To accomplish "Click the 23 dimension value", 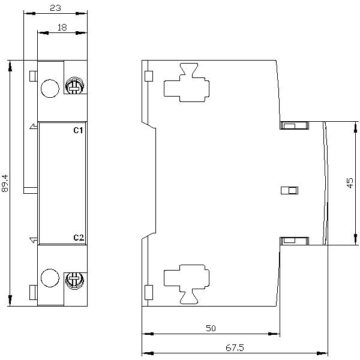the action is click(56, 8).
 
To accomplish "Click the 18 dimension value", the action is click(62, 28).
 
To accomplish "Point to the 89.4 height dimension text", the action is click(5, 183).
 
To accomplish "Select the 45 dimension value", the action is click(350, 183).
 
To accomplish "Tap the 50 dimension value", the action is click(211, 328).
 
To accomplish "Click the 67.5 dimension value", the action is click(235, 348).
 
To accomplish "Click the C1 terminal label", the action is click(78, 130).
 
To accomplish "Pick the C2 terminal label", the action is click(79, 238).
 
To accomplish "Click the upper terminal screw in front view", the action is click(74, 86).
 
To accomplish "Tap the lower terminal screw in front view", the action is click(74, 281).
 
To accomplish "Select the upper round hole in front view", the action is click(50, 88).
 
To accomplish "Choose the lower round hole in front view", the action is click(50, 278).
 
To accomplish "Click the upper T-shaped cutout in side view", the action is click(187, 82).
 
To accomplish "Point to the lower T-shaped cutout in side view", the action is click(187, 284).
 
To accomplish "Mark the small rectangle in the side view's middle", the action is click(290, 191).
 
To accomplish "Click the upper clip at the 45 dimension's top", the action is click(294, 125).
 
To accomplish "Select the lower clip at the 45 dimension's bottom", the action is click(294, 241).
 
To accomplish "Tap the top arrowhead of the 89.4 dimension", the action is click(10, 67).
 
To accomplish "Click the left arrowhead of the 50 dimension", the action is click(148, 334).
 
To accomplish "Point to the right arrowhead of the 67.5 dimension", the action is click(322, 353).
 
